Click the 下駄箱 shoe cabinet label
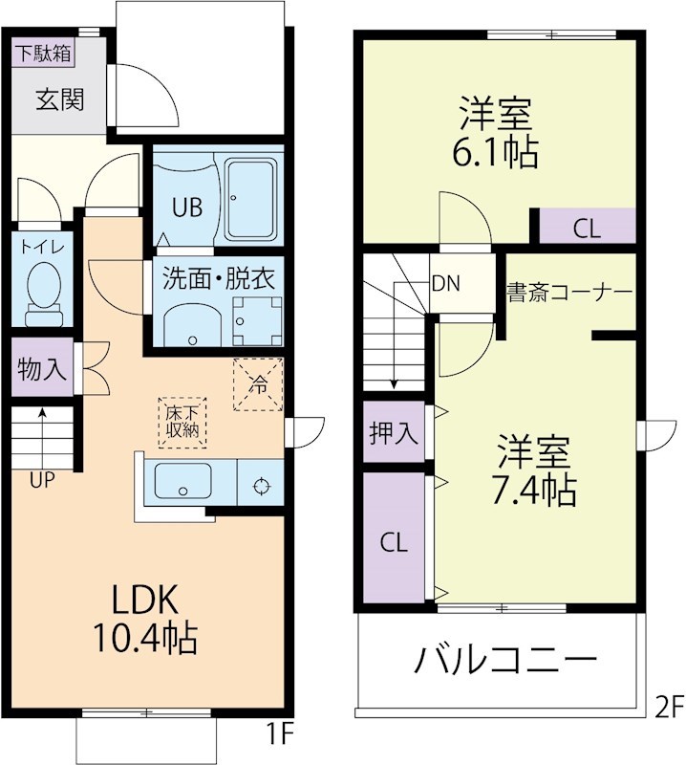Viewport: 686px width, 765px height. [x=43, y=54]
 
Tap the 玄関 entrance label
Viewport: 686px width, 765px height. [x=59, y=99]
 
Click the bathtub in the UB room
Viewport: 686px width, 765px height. [x=251, y=202]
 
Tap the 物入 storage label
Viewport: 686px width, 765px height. [x=42, y=370]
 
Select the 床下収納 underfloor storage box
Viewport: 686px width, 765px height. [x=182, y=422]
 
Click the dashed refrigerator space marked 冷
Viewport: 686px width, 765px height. [x=258, y=384]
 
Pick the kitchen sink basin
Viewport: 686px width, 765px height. [x=182, y=482]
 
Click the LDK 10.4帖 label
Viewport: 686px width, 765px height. [x=144, y=618]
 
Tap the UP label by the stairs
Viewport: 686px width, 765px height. [x=41, y=481]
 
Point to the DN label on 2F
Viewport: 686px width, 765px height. [x=445, y=283]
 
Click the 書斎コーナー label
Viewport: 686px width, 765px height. [x=568, y=291]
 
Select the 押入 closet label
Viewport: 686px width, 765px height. [x=394, y=433]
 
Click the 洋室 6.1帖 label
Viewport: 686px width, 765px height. [x=497, y=135]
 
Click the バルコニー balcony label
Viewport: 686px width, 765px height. [x=506, y=660]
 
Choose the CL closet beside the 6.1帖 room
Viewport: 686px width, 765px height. [x=587, y=229]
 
